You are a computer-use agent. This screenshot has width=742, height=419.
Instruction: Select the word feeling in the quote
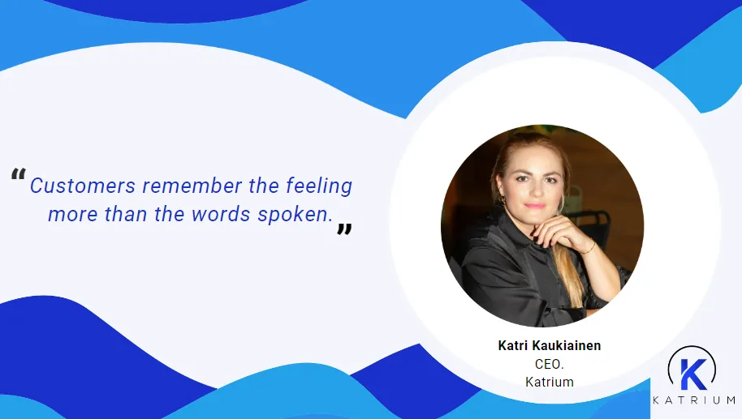(319, 186)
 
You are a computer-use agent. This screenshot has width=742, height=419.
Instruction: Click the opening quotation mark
(18, 175)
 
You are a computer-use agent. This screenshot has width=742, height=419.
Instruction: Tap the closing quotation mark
(344, 230)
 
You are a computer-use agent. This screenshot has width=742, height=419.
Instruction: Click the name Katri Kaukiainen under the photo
(550, 346)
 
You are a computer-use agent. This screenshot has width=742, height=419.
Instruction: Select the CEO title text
(550, 364)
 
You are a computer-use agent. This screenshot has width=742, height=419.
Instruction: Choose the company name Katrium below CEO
(550, 382)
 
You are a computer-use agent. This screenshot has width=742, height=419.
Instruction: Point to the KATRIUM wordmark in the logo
(694, 400)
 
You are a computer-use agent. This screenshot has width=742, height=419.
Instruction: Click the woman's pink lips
(533, 205)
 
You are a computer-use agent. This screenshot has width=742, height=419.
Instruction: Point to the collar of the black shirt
(503, 239)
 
